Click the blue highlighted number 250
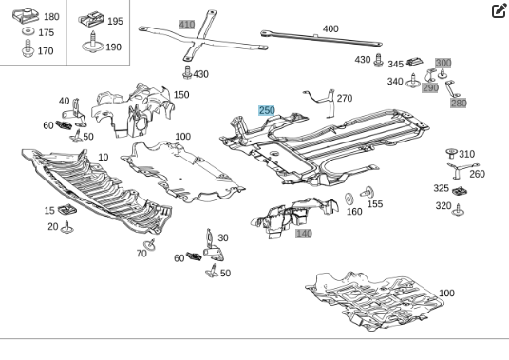point(267,110)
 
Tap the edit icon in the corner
point(500,10)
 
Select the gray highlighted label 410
point(187,25)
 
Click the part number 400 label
point(330,28)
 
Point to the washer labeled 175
point(28,31)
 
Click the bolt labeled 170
point(28,48)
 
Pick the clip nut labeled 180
point(26,15)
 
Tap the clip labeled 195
point(91,19)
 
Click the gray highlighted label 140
point(304,234)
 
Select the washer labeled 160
point(349,199)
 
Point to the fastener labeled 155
point(368,192)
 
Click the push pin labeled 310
point(451,153)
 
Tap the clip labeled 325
point(460,191)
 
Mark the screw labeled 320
point(458,210)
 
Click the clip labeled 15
point(67,209)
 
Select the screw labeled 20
point(67,228)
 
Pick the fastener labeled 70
point(150,245)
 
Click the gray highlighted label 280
point(459,104)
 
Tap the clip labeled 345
point(415,61)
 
